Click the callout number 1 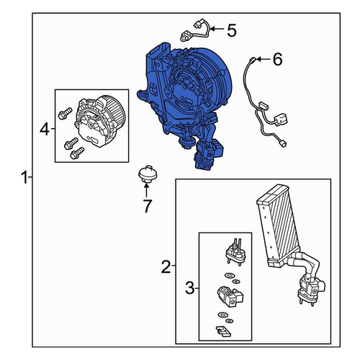click(24, 177)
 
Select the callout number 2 click(166, 266)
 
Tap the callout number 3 click(189, 288)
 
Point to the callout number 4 click(45, 129)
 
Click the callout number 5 click(232, 30)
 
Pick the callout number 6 click(277, 59)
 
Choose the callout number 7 click(148, 206)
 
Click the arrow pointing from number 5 click(216, 30)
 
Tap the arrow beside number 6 click(263, 59)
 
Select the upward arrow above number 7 click(146, 190)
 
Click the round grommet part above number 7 click(148, 174)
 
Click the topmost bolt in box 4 click(65, 113)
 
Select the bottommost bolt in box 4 click(77, 153)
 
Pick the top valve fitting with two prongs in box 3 click(235, 252)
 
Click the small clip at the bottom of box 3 click(223, 331)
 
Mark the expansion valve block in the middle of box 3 click(230, 296)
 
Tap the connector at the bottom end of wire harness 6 click(283, 144)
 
